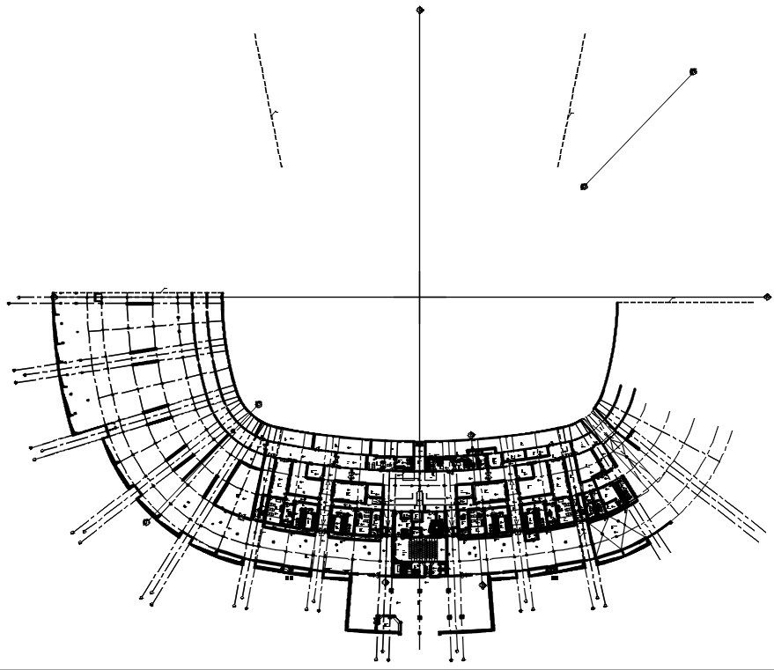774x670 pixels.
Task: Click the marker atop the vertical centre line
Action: (421, 10)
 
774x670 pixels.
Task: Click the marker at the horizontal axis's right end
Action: (767, 297)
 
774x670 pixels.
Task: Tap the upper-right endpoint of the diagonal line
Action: (693, 71)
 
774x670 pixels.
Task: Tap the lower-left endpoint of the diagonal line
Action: (584, 186)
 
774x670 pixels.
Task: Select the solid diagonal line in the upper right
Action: (638, 129)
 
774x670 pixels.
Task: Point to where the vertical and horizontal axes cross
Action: (421, 297)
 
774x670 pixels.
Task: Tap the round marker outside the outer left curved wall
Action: (144, 522)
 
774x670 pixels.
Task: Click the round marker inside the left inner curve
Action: (261, 402)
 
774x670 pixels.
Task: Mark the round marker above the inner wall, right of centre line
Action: (471, 434)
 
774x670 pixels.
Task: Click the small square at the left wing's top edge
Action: (99, 298)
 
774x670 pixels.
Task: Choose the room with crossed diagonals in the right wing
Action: (612, 529)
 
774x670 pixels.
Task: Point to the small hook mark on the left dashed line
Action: (275, 113)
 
